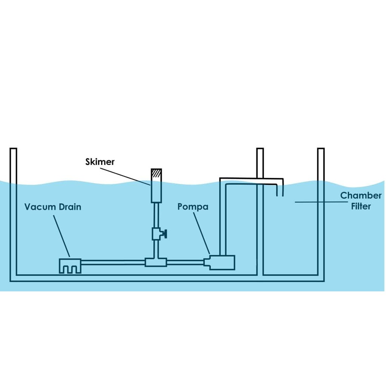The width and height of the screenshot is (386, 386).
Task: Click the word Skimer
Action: coord(100,162)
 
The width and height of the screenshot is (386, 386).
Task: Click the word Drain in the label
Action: coord(70,207)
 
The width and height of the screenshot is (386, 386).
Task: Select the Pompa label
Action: coord(193,207)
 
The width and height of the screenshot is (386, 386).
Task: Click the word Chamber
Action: coord(361,196)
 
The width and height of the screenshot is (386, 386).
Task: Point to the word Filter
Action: coord(361,206)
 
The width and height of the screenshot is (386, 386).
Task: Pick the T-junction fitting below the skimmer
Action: coord(156,262)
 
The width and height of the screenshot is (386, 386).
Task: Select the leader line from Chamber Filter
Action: coord(320,202)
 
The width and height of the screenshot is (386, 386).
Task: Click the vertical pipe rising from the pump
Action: coord(222,219)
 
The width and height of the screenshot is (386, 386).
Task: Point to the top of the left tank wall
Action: coord(13,150)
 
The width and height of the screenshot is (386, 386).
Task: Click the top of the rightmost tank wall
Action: coord(321,150)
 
